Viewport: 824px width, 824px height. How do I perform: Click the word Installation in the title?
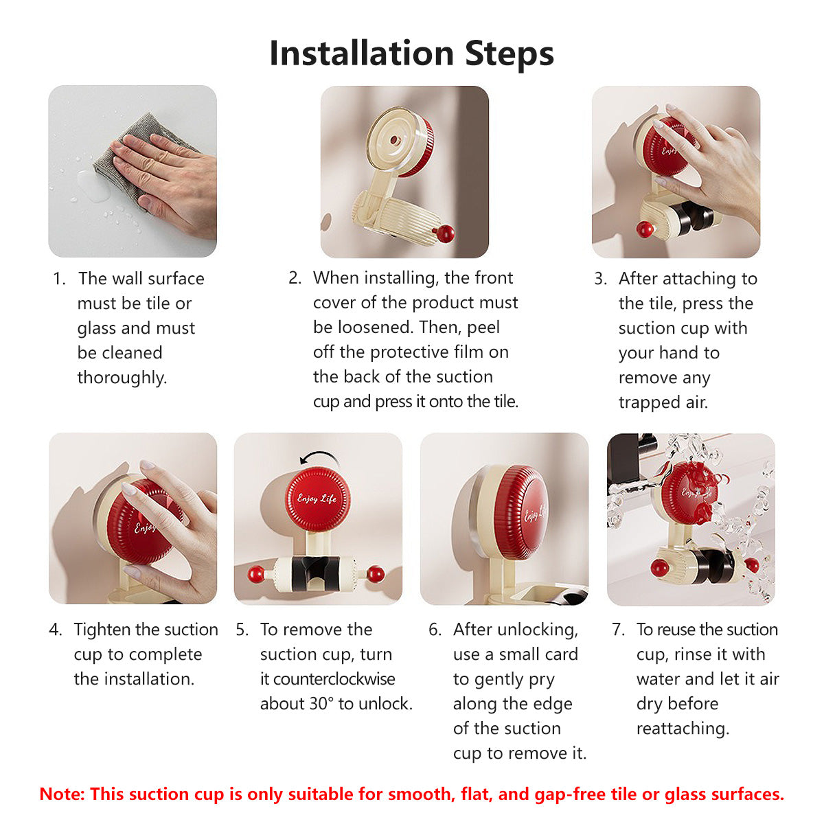pyautogui.click(x=362, y=54)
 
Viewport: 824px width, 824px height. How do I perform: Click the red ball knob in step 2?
pyautogui.click(x=445, y=233)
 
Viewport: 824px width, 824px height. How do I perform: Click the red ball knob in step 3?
pyautogui.click(x=645, y=229)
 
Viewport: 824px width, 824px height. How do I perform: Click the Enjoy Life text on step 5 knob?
pyautogui.click(x=317, y=498)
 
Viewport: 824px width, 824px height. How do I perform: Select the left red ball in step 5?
pyautogui.click(x=256, y=574)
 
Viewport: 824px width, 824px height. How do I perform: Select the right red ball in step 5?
pyautogui.click(x=376, y=574)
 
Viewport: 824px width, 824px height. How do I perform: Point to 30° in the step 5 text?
pyautogui.click(x=319, y=704)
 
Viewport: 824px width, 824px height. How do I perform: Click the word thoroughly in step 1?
pyautogui.click(x=122, y=378)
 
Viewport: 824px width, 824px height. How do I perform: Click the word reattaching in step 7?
pyautogui.click(x=683, y=729)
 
